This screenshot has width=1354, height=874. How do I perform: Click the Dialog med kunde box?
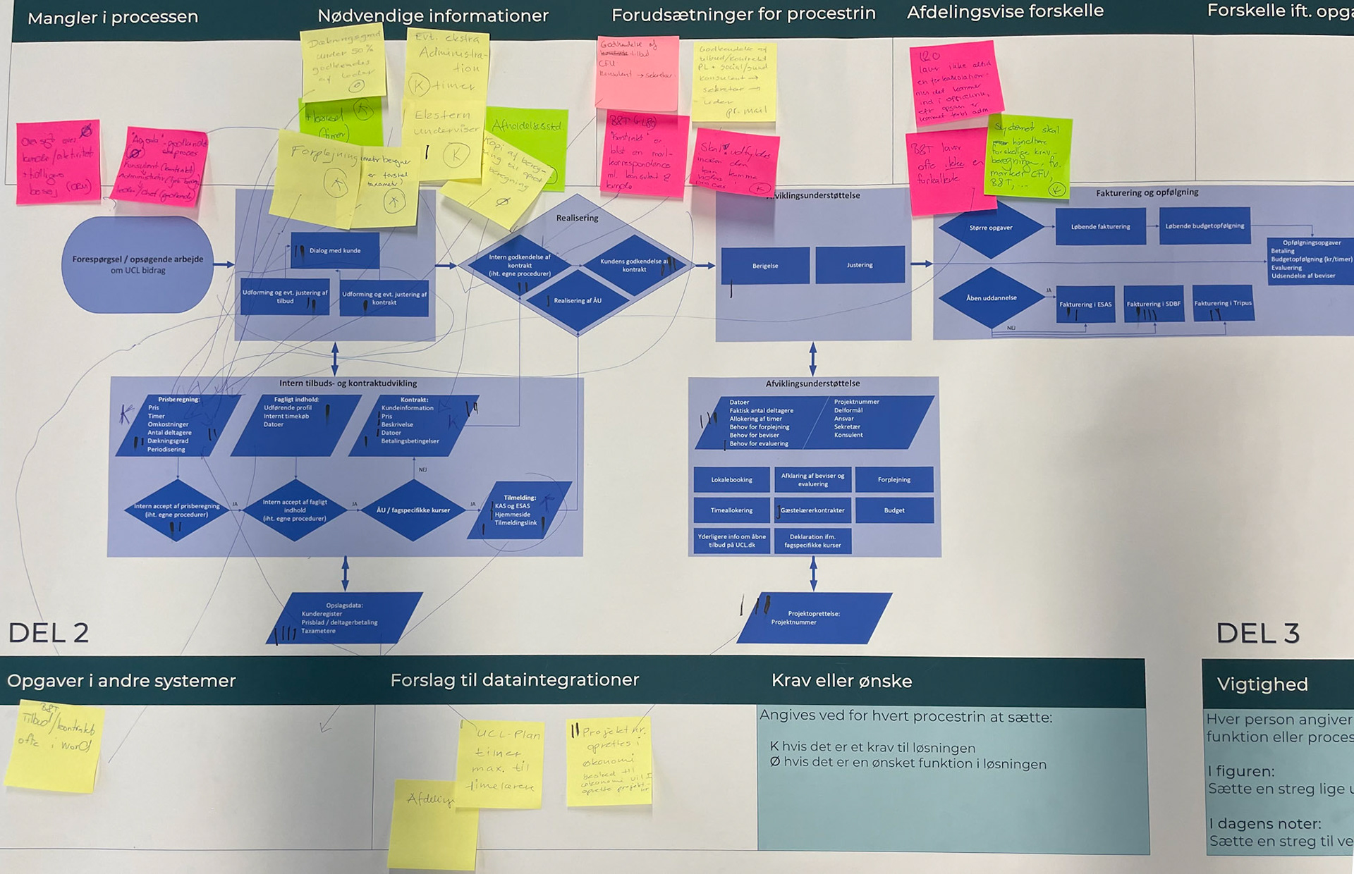click(335, 251)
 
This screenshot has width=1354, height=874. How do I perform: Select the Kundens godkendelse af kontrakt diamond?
click(634, 265)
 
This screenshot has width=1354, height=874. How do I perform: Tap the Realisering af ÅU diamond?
click(578, 301)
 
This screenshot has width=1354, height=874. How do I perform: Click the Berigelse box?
click(765, 266)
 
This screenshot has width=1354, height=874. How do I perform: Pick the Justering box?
click(860, 265)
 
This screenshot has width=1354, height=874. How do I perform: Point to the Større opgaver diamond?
click(991, 228)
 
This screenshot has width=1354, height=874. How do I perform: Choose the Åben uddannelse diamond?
click(992, 298)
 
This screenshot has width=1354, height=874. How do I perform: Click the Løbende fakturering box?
click(1100, 227)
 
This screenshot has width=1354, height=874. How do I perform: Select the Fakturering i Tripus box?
click(1223, 304)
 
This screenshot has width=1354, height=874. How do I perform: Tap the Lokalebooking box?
click(731, 480)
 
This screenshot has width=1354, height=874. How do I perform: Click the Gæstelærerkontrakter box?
click(812, 510)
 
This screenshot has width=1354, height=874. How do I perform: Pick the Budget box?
click(894, 510)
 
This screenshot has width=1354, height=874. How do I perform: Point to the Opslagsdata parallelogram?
click(344, 618)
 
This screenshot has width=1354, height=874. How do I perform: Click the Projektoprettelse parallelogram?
click(814, 618)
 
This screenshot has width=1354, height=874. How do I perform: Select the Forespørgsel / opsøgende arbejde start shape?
click(138, 264)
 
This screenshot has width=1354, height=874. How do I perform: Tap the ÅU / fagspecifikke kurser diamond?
click(413, 510)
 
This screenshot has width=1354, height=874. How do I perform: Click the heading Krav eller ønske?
click(841, 681)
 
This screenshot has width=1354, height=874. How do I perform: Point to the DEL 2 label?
click(49, 633)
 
